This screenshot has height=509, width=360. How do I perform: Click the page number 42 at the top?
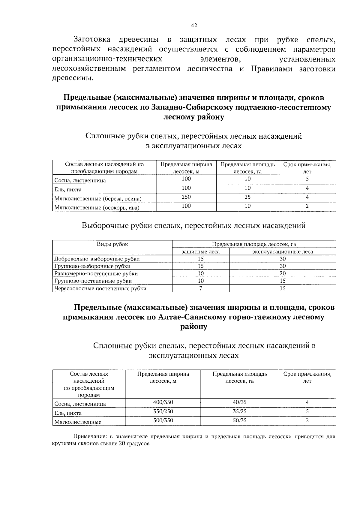[x=194, y=26]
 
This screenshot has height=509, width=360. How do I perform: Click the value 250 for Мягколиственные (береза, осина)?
[x=186, y=197]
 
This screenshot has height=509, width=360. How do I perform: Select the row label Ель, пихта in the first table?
[x=68, y=190]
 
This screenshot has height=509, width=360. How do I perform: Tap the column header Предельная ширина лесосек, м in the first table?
[x=186, y=168]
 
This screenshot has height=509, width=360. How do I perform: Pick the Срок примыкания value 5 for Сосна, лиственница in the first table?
[x=307, y=179]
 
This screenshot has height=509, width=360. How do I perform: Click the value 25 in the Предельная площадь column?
[x=247, y=197]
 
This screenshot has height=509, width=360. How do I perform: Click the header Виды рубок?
[x=112, y=244]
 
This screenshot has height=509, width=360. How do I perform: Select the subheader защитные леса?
[x=201, y=252]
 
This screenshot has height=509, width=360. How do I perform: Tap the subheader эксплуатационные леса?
[x=282, y=252]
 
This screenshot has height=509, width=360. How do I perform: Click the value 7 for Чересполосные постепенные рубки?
[x=201, y=288]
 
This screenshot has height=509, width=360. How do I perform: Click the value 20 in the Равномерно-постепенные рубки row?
[x=282, y=273]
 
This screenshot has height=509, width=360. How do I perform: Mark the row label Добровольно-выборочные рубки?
[x=97, y=259]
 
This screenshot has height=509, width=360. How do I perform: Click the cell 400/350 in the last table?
[x=163, y=402]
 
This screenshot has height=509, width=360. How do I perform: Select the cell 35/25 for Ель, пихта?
[x=240, y=411]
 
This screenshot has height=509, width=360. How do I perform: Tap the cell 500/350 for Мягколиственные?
[x=163, y=420]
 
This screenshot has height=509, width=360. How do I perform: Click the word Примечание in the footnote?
[x=88, y=437]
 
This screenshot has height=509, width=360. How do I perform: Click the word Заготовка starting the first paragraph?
[x=92, y=40]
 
